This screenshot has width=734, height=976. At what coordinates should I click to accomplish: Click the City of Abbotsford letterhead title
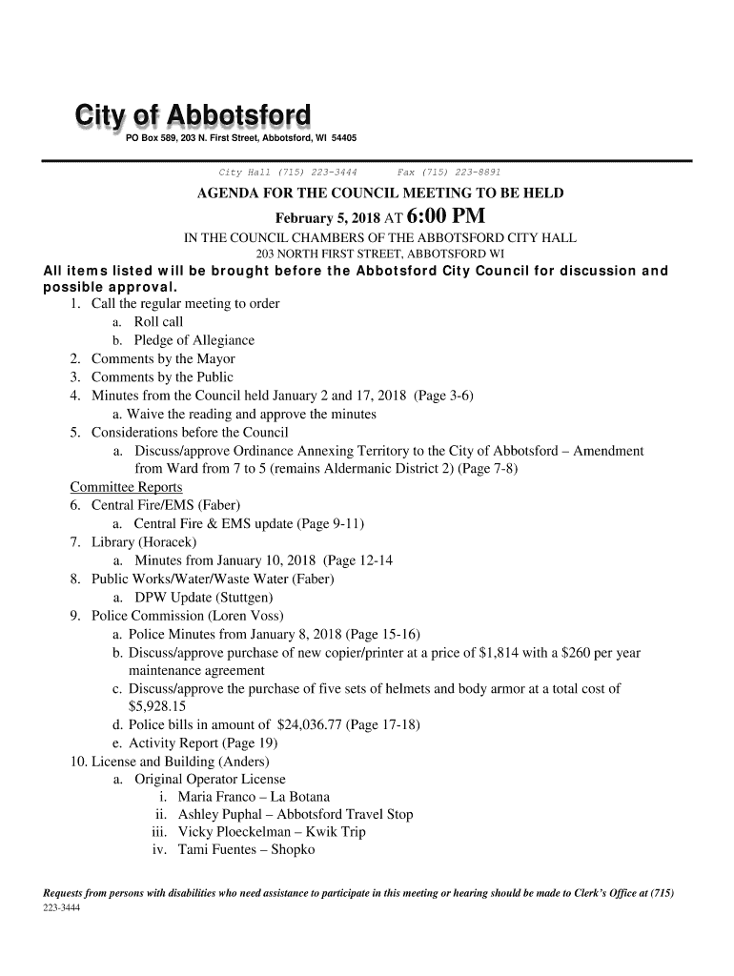[188, 118]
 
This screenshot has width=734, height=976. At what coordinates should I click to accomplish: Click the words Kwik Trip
[333, 832]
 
